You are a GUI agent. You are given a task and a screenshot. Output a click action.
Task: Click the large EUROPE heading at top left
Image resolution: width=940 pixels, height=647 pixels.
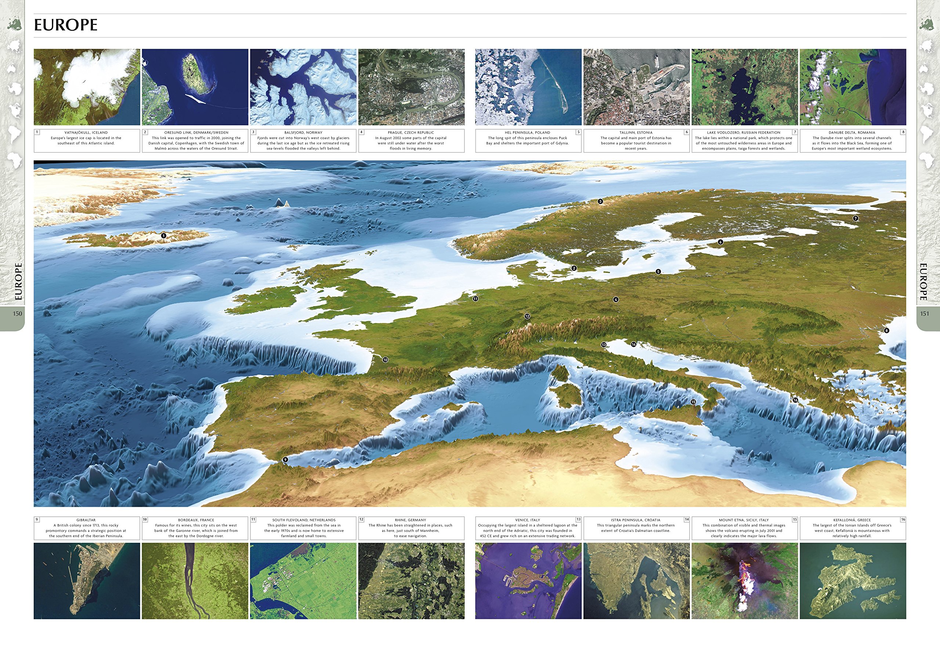coord(66,25)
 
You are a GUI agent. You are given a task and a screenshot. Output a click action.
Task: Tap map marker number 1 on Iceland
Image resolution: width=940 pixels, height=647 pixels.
coord(163,236)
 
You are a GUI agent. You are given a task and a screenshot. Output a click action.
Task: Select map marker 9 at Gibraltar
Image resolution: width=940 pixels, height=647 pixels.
coord(285,459)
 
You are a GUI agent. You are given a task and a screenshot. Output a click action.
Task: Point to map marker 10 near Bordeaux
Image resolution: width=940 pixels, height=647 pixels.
coord(385,360)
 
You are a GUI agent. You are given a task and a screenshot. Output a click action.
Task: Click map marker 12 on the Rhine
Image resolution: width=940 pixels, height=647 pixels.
coord(527,316)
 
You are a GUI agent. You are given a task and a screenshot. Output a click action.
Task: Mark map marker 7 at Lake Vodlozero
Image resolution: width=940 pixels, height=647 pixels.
coord(856,218)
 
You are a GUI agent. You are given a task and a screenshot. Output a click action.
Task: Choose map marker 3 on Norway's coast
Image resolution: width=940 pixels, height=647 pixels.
coord(600,201)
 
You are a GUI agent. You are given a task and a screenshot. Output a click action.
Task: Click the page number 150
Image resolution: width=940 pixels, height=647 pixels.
coord(17,313)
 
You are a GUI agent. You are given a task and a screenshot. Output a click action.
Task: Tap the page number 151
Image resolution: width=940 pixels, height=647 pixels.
coord(924,313)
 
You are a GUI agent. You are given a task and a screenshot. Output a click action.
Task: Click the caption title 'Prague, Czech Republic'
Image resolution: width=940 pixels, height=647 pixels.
coord(411,132)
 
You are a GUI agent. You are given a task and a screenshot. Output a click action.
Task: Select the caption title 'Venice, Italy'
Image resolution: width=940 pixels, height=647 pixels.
coord(527,520)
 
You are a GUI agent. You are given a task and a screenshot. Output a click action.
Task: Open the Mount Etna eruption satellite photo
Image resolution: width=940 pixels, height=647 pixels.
coord(745,581)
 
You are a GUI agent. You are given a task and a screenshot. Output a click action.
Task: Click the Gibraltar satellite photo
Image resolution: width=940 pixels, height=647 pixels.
coord(87,581)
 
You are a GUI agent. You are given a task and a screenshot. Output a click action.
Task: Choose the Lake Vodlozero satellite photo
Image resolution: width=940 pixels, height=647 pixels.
coord(745,87)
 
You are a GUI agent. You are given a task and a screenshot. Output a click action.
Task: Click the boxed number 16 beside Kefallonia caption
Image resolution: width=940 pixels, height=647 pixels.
coord(903,519)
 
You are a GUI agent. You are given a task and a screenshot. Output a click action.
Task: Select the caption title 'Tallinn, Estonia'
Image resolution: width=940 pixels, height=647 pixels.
coord(636,132)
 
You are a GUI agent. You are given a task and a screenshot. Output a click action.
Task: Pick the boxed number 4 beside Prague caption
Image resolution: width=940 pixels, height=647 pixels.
coord(361,132)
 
